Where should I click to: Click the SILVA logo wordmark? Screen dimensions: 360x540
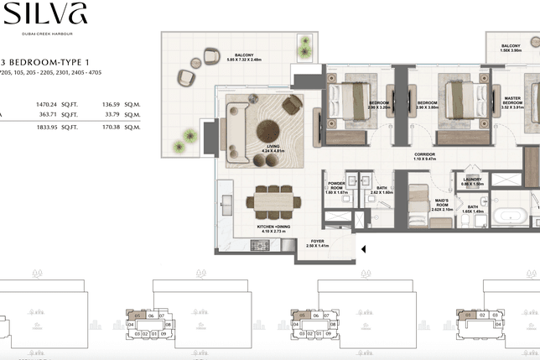pos(34,14)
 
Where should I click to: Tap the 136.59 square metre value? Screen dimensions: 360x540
pos(111,105)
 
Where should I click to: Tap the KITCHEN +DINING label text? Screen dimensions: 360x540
pos(273,227)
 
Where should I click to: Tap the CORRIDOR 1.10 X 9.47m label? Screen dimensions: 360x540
pos(423,157)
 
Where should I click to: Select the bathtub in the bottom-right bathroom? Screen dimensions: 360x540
pos(510,216)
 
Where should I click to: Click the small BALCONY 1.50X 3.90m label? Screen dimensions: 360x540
pos(510,49)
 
